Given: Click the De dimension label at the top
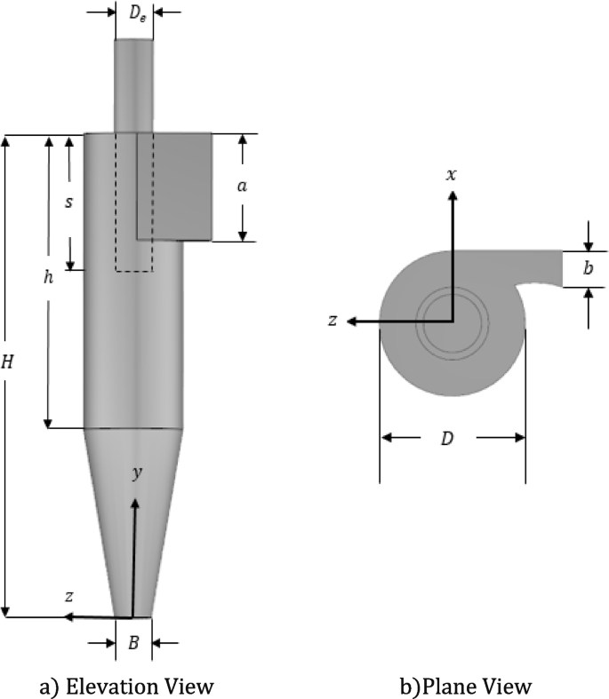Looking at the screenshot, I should coord(134,14).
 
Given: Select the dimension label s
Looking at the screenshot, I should coord(69,202).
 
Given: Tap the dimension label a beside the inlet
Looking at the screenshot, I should coord(241,187).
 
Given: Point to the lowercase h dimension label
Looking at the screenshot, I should coord(49,277).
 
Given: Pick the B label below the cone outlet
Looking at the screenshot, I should coord(133,643).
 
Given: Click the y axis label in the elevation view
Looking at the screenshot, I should coord(137,474).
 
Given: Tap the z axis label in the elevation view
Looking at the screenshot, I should coord(68,597).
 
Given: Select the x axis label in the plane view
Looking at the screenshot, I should coord(452,174).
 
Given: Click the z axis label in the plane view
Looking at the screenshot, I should coord(333,321).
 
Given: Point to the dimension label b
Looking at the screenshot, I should coord(588,269).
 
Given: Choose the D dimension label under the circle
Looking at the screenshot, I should coord(451,437).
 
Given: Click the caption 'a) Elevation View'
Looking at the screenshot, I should coord(127,686).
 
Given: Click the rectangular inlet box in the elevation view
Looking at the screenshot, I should coord(182,186).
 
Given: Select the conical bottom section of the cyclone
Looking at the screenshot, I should coord(133,524).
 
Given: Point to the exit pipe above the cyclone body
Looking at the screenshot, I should coord(134,84).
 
